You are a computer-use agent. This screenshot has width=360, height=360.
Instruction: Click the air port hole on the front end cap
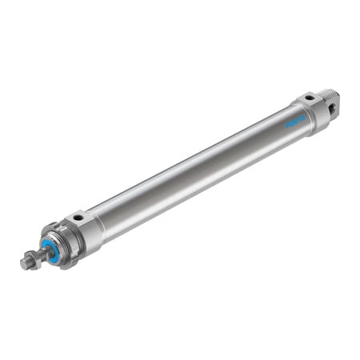pos(78,216)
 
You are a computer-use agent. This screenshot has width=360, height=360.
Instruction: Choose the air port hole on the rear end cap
pos(308,99)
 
